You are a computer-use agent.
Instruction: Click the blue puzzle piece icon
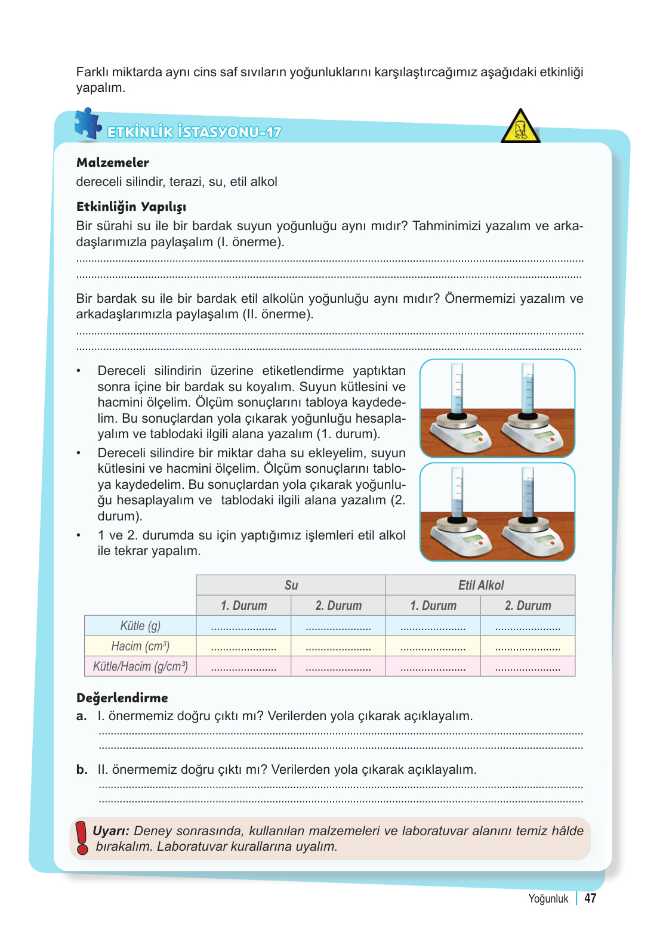pos(88,124)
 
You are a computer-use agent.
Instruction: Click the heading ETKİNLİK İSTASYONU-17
pos(194,132)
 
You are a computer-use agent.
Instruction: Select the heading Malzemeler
pos(113,163)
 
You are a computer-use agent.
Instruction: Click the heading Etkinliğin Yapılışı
pos(131,207)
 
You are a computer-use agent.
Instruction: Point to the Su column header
pos(291,585)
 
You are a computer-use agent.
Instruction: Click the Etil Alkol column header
pos(480,585)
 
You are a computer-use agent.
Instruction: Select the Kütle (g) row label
pos(140,626)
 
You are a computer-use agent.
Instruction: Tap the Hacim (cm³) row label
pos(140,646)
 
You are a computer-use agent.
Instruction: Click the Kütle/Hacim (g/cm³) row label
pos(140,666)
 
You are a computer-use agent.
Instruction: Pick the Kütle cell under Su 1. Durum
pos(243,626)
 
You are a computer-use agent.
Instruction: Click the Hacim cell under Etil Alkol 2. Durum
pos(528,646)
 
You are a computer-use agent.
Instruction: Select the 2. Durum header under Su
pos(338,606)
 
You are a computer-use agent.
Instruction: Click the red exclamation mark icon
pos(82,838)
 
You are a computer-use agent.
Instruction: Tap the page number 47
pos(590,898)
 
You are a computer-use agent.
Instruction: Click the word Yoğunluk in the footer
pos(548,899)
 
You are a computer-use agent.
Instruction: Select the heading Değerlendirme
pos(122,698)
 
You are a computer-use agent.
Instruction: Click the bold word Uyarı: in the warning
pos(111,831)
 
